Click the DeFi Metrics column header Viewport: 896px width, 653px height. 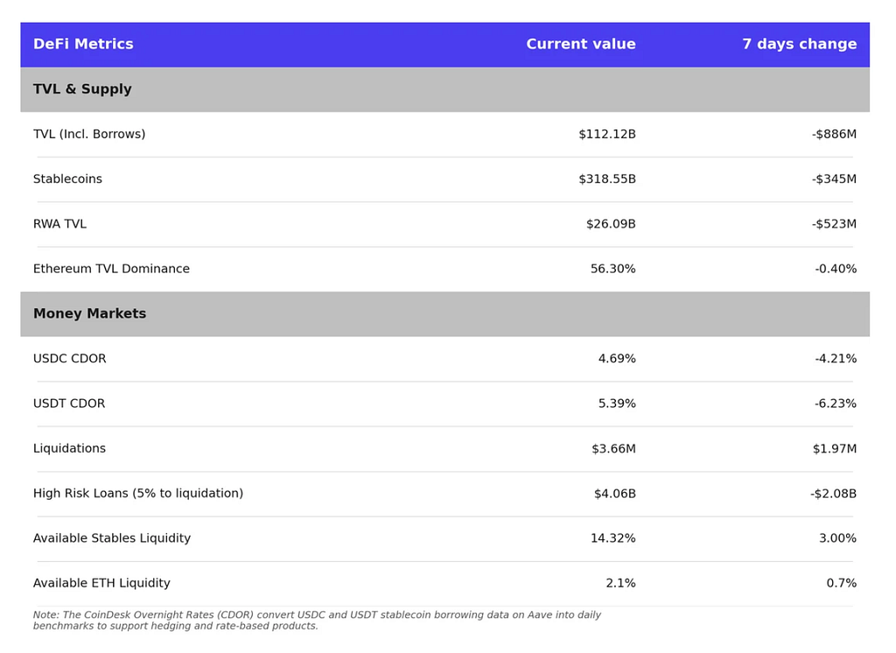pos(83,44)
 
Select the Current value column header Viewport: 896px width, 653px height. pos(581,44)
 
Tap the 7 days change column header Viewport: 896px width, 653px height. pos(800,44)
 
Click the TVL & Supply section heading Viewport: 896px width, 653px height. pos(82,89)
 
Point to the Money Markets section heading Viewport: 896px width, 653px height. pos(90,313)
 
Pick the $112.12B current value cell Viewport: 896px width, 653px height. pos(607,134)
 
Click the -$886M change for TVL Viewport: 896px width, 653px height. pos(834,134)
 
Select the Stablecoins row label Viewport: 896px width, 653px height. pos(67,179)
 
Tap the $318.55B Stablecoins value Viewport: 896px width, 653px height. pos(607,179)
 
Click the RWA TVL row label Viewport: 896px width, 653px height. pos(59,223)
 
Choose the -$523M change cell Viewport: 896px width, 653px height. pos(834,223)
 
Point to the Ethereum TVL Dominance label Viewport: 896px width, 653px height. pos(111,269)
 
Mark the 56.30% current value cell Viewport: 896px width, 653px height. pos(612,269)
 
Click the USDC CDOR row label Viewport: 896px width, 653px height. pos(70,359)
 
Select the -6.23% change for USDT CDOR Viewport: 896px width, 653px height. pos(836,404)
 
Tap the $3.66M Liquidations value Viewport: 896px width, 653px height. pos(613,448)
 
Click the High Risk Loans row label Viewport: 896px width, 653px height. pos(138,493)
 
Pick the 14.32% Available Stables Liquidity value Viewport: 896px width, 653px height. pos(612,538)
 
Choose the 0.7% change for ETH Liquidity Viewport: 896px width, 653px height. pos(841,583)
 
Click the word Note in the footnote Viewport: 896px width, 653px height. pos(45,614)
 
